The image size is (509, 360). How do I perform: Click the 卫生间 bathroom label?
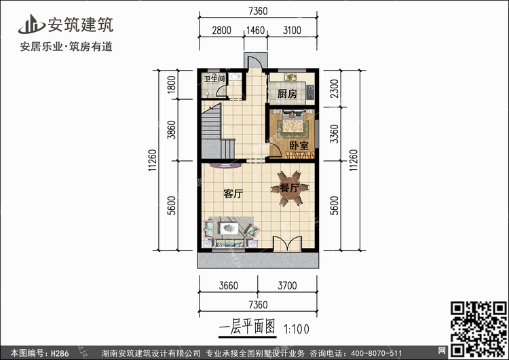point(214,78)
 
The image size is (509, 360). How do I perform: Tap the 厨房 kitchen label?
point(287,94)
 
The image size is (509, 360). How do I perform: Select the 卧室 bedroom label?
point(299,145)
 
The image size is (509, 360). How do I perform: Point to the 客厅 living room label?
point(233,194)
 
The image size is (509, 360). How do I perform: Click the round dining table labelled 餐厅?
point(290,188)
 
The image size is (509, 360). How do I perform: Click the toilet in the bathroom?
point(207,94)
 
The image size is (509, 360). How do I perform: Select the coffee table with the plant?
point(229,228)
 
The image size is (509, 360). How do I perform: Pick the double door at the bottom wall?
point(287,244)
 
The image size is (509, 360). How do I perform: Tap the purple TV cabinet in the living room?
point(225,166)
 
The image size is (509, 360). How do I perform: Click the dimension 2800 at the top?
point(221,30)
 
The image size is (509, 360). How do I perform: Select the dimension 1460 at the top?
point(255,30)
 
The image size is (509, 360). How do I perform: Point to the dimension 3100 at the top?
point(292,30)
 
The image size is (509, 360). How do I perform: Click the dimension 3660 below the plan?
point(228,285)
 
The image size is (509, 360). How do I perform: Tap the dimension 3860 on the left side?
point(172,130)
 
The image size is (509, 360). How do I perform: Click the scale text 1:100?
point(297,329)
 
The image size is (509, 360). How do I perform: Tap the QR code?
point(478,329)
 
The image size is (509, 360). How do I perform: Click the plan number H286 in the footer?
point(60,353)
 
